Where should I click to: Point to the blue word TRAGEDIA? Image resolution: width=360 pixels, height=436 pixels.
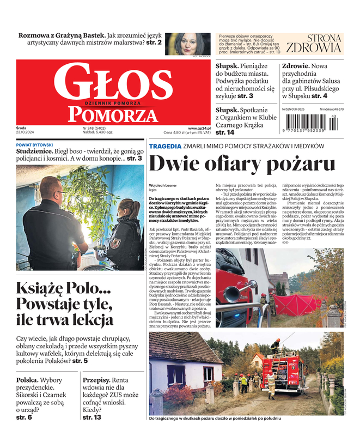[x=165, y=146]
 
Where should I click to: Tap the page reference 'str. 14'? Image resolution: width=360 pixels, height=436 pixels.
[x=225, y=132]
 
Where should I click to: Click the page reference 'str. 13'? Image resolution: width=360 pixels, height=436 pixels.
[x=91, y=417]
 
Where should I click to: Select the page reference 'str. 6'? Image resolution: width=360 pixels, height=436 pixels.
[x=24, y=417]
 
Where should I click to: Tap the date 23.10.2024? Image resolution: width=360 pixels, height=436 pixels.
[x=25, y=132]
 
